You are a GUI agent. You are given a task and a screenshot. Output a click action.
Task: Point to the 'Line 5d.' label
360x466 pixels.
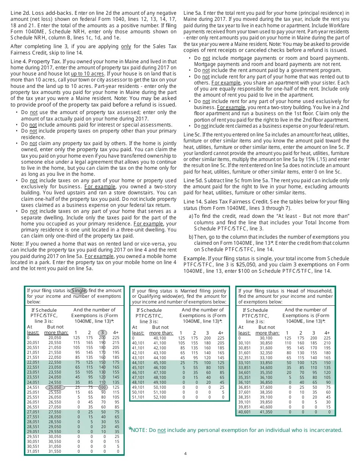point(193,181)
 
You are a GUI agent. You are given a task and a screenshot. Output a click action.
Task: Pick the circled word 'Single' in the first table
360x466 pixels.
point(79,291)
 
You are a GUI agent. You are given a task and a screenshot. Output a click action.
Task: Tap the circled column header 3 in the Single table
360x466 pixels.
point(102,333)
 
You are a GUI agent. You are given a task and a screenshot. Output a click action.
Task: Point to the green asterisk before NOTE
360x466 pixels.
point(130,429)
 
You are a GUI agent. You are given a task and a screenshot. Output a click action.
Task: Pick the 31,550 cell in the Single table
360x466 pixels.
point(55,451)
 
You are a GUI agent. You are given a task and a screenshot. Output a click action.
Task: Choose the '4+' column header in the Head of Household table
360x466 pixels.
point(327,333)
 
